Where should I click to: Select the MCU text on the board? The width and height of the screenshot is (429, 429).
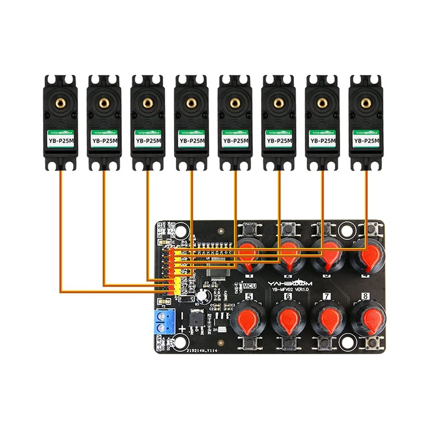[x=249, y=286]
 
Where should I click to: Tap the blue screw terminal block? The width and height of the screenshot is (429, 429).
[x=166, y=321]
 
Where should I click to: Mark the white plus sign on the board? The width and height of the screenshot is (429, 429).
[x=182, y=329]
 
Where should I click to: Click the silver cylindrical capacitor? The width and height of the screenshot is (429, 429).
[x=203, y=295]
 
